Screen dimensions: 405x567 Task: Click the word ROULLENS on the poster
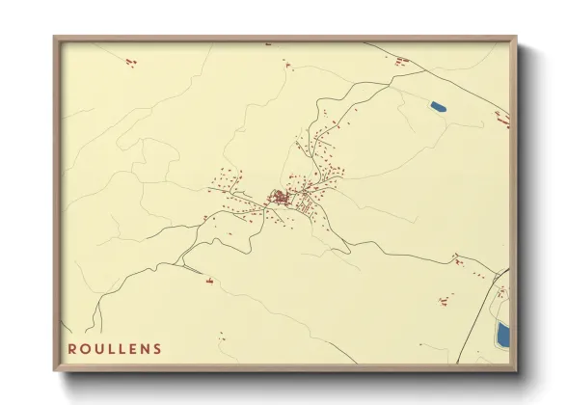point(115,348)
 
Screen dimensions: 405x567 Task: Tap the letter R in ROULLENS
point(73,348)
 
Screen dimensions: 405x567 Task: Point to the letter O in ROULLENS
point(86,348)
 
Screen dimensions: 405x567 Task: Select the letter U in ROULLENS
point(98,348)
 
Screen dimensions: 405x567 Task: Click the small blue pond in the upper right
point(439,105)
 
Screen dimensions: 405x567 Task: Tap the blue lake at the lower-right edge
point(502,335)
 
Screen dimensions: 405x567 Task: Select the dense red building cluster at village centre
point(281,199)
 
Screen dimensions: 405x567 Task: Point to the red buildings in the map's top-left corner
point(130,62)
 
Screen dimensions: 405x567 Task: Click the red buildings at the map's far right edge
point(501,118)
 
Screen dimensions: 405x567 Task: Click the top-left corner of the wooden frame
point(55,39)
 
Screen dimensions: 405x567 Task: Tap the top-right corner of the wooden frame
point(516,39)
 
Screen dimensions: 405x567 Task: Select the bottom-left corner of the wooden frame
point(55,369)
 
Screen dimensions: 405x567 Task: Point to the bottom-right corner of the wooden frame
point(516,369)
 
